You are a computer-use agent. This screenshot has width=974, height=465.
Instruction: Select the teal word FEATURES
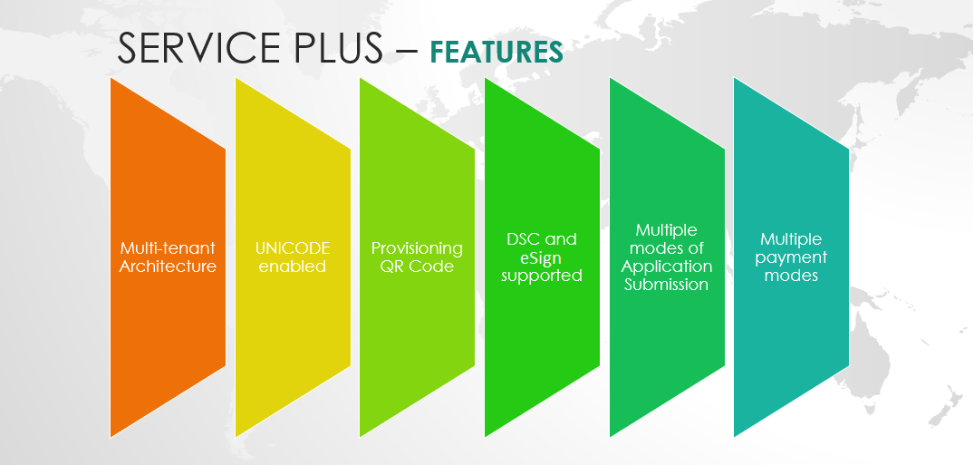click(x=497, y=53)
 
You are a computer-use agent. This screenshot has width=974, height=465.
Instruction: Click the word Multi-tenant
click(x=168, y=248)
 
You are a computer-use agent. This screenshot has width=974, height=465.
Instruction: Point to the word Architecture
click(x=168, y=266)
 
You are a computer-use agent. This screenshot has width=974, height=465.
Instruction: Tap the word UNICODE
click(x=293, y=248)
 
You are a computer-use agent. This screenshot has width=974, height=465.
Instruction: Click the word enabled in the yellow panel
click(x=293, y=266)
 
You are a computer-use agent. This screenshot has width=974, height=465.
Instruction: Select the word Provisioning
click(x=417, y=248)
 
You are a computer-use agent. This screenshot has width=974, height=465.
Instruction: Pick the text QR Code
click(x=417, y=266)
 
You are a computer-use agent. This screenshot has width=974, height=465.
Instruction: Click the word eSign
click(x=541, y=258)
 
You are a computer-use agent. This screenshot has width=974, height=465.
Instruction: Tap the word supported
click(x=542, y=276)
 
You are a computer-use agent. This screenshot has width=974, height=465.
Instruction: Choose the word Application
click(x=667, y=267)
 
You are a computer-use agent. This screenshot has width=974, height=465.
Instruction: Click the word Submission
click(x=667, y=285)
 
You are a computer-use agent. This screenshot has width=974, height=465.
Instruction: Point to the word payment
click(x=791, y=258)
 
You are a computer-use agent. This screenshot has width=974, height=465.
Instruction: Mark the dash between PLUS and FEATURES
click(x=406, y=50)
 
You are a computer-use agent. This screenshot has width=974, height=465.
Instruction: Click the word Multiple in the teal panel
click(x=791, y=239)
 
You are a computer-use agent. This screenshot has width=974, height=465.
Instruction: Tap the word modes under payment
click(x=791, y=276)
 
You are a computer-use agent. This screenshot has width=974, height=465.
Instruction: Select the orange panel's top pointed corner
click(x=111, y=78)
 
